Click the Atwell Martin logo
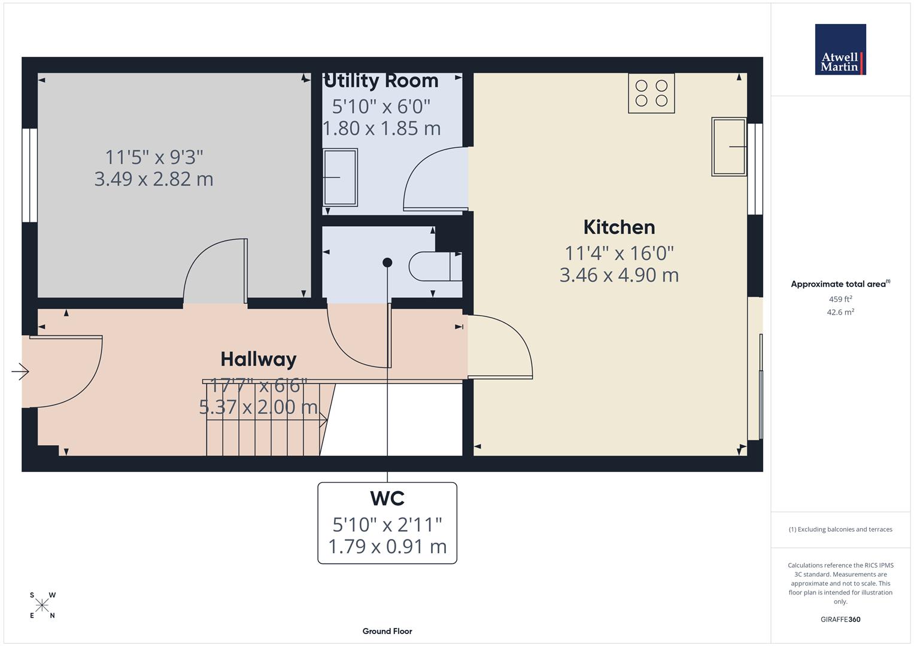click(x=840, y=49)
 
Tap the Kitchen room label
click(x=619, y=227)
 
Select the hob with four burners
click(x=651, y=93)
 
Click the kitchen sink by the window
click(x=728, y=147)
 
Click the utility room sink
click(x=340, y=178)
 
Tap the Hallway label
click(x=259, y=359)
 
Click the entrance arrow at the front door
click(x=20, y=371)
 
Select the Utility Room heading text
click(x=381, y=81)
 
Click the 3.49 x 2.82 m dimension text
click(x=154, y=179)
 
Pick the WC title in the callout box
click(x=387, y=498)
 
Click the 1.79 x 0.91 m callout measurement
click(x=387, y=546)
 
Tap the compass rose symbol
click(x=42, y=605)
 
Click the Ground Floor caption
click(x=387, y=631)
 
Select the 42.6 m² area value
click(x=840, y=312)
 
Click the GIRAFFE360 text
click(x=840, y=619)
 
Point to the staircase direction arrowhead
click(x=324, y=420)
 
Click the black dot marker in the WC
click(x=387, y=263)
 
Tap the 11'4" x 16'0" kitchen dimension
click(x=619, y=253)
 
